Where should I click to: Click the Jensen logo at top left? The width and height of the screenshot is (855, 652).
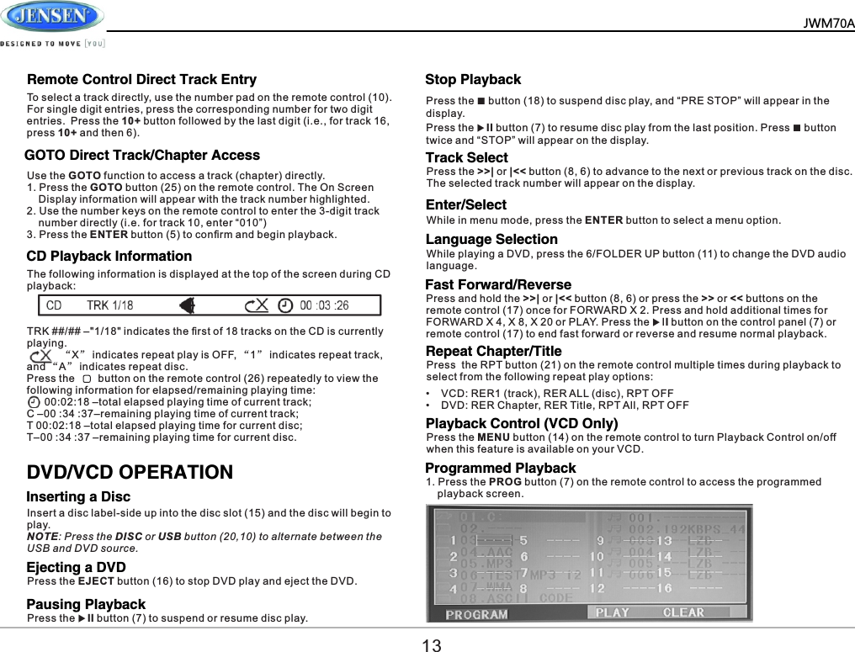click(x=52, y=17)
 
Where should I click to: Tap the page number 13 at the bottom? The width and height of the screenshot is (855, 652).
click(x=431, y=645)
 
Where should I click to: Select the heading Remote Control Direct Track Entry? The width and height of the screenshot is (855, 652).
click(x=141, y=80)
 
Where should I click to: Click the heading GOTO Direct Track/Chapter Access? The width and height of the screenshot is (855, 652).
click(x=142, y=156)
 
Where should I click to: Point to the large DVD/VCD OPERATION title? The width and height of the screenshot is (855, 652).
click(x=130, y=472)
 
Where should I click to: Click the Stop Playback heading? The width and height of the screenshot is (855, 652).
click(x=473, y=80)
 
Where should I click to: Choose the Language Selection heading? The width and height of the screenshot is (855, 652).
click(x=491, y=240)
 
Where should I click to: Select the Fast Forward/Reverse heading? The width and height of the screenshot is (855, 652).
click(x=498, y=285)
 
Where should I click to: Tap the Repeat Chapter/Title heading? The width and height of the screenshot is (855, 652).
click(x=493, y=351)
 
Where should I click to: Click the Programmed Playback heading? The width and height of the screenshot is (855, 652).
click(x=501, y=469)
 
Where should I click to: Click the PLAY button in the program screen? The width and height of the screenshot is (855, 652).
click(x=612, y=612)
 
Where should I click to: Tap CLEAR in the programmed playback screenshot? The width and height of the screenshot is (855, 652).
click(x=683, y=612)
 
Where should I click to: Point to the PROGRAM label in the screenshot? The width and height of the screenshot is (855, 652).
click(x=476, y=614)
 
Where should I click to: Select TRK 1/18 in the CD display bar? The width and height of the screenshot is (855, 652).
click(x=109, y=305)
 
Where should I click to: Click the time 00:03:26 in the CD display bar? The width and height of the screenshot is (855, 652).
click(x=324, y=305)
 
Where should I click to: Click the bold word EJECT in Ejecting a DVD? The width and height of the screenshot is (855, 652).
click(x=95, y=581)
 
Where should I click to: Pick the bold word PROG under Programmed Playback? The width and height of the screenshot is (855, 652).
click(x=504, y=482)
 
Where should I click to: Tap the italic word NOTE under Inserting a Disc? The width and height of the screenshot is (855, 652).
click(x=42, y=537)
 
